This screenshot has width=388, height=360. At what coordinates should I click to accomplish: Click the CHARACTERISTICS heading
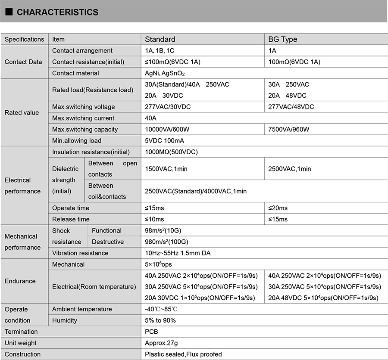click(x=57, y=12)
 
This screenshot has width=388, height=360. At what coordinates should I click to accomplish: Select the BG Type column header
click(x=283, y=39)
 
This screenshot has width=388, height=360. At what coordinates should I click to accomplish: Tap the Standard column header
click(x=160, y=39)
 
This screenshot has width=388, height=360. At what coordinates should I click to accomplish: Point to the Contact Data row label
click(x=23, y=62)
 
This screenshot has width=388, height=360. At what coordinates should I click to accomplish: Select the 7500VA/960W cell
click(x=289, y=129)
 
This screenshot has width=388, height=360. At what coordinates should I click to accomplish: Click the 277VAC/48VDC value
click(x=291, y=107)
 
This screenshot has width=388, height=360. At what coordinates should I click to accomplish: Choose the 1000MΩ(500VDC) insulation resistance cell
click(x=172, y=152)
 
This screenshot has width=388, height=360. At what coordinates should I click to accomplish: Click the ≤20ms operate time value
click(x=278, y=208)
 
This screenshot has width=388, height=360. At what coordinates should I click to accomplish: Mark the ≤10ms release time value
click(x=154, y=219)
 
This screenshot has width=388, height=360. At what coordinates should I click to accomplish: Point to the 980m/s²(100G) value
click(x=167, y=242)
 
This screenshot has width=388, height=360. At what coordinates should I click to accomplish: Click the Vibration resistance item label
click(x=80, y=253)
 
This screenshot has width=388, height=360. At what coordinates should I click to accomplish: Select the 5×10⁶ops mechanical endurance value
click(x=158, y=264)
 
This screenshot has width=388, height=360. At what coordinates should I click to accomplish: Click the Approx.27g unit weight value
click(x=161, y=343)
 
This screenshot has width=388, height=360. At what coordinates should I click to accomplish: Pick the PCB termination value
click(x=151, y=332)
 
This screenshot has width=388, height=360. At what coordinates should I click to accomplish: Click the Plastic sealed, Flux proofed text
click(x=183, y=354)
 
